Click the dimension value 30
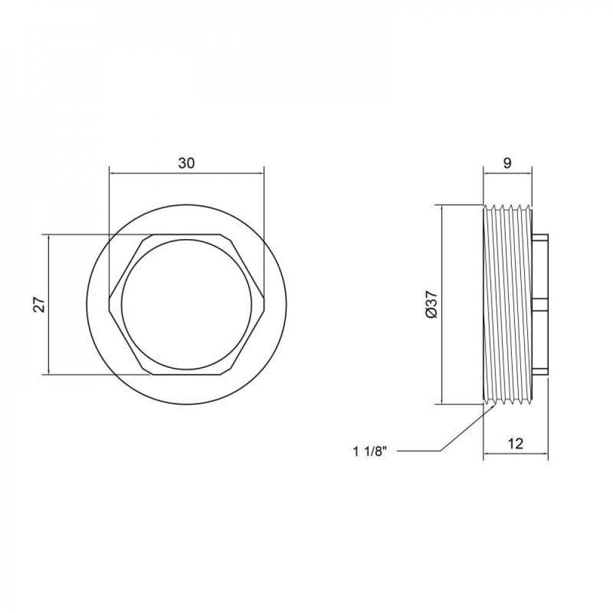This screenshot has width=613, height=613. coord(186,163)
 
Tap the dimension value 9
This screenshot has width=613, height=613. coord(507,163)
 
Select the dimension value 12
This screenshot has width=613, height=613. coord(516,443)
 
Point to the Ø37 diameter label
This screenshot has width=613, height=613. coord(432,304)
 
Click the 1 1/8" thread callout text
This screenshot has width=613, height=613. coord(370,452)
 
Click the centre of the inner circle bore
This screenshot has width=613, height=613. coord(186,304)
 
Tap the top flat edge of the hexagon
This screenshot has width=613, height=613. coord(186,235)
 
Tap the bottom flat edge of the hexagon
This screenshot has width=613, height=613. coord(186,374)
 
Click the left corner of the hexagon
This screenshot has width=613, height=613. coord(109,305)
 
